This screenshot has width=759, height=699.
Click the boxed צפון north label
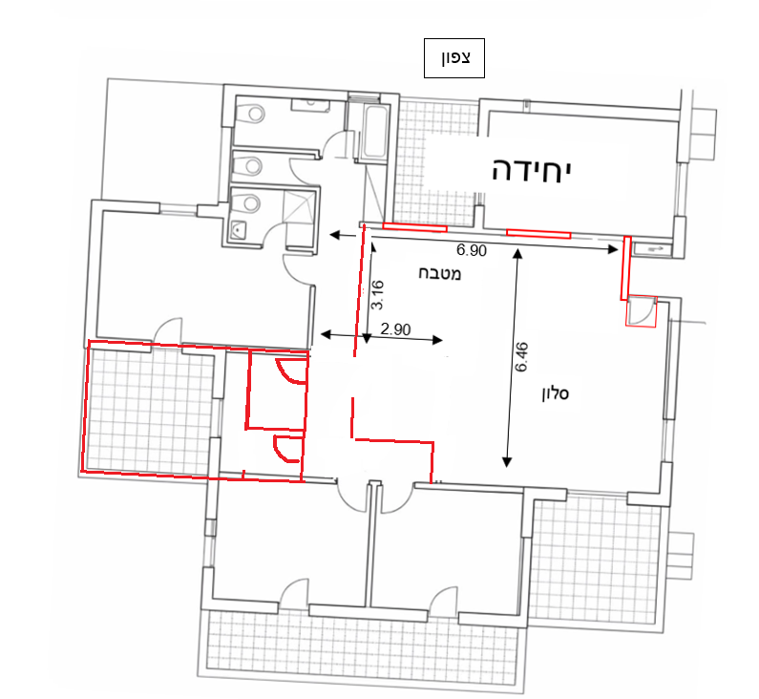[454, 58]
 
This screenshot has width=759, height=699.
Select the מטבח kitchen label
[439, 274]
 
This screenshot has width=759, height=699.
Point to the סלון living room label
[556, 393]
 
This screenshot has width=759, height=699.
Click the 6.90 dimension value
[472, 250]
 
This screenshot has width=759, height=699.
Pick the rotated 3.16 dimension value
[377, 295]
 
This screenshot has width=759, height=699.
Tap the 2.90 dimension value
[395, 329]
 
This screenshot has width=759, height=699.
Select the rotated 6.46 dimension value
[522, 357]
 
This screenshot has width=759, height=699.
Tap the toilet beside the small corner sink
[248, 202]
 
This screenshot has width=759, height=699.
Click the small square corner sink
[238, 229]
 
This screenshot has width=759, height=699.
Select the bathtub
[375, 132]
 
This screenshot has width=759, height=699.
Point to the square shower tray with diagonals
[299, 207]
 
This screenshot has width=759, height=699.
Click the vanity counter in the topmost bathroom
[310, 106]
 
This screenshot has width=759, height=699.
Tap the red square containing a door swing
[641, 311]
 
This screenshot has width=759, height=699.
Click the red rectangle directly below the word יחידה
[538, 234]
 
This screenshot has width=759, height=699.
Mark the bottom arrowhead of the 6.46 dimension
[507, 462]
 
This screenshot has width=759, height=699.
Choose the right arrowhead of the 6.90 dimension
[613, 250]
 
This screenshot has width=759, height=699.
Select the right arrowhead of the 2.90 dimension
[436, 340]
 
